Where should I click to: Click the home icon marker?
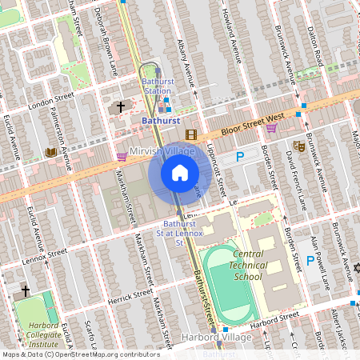coord(180,173)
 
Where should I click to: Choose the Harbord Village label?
coord(218,338)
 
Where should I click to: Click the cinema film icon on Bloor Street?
coord(191,135)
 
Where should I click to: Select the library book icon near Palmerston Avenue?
coord(51,152)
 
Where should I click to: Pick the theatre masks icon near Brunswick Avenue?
coord(298,146)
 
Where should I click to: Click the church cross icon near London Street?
coord(121,106)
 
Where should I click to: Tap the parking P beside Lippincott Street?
coord(239,159)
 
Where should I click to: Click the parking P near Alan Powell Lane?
coord(311,260)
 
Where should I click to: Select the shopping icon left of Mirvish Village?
coord(122,157)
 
